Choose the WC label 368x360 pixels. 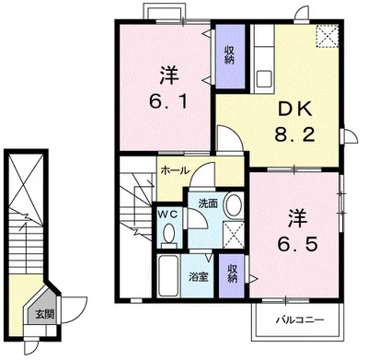pos(167,214)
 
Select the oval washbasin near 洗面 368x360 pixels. pos(234,203)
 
